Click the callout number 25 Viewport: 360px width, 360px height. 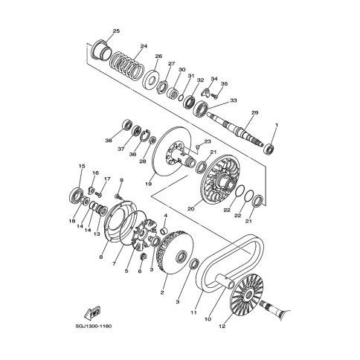(x=116, y=31)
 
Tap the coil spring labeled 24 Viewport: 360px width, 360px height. (x=126, y=65)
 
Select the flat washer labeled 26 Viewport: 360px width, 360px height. (x=150, y=80)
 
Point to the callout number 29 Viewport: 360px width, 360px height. (x=255, y=112)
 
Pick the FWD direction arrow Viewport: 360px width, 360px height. (x=93, y=312)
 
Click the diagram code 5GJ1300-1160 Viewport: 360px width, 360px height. (x=93, y=326)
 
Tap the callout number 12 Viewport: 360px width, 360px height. (x=222, y=327)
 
